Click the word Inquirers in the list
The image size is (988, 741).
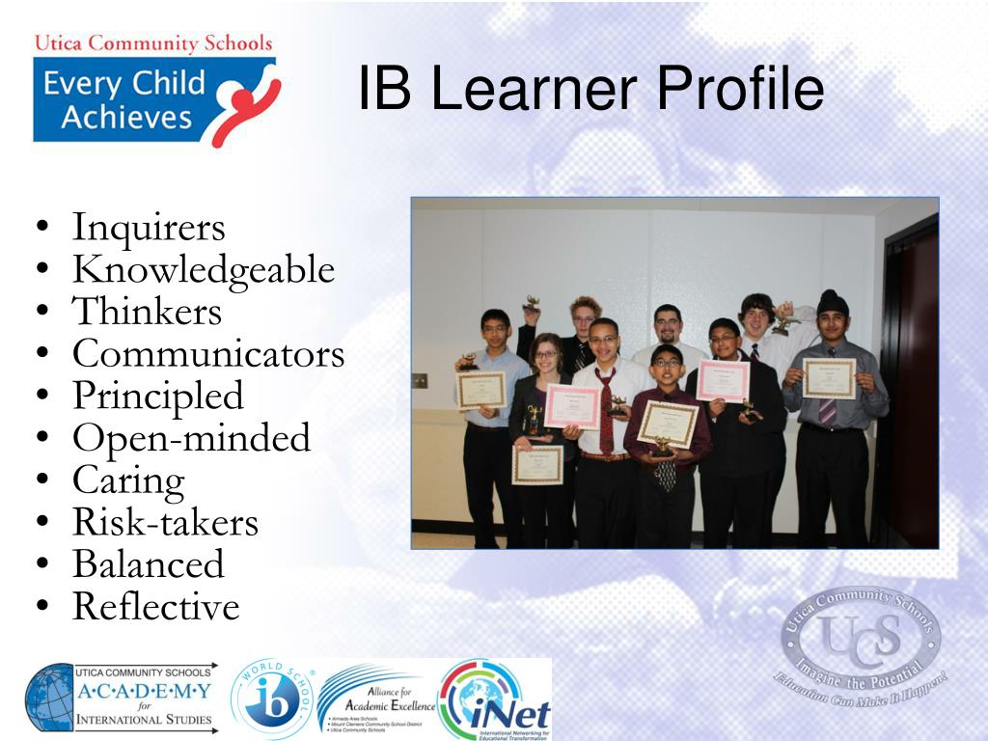click(149, 228)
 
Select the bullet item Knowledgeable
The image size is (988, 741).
click(203, 270)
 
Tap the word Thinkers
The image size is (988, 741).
click(147, 312)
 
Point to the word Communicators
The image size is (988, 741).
click(207, 354)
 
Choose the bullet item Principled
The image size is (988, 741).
click(158, 396)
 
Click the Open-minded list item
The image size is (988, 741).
click(191, 438)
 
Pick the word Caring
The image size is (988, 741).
click(128, 480)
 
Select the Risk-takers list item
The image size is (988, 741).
click(165, 522)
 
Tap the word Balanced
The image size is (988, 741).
click(148, 564)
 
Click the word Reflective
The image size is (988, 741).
click(155, 607)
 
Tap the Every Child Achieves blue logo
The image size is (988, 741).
click(154, 101)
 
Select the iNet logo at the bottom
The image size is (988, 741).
click(495, 700)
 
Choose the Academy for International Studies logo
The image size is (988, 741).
click(122, 698)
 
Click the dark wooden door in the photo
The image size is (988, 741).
click(912, 386)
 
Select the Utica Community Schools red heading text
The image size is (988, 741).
click(153, 43)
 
